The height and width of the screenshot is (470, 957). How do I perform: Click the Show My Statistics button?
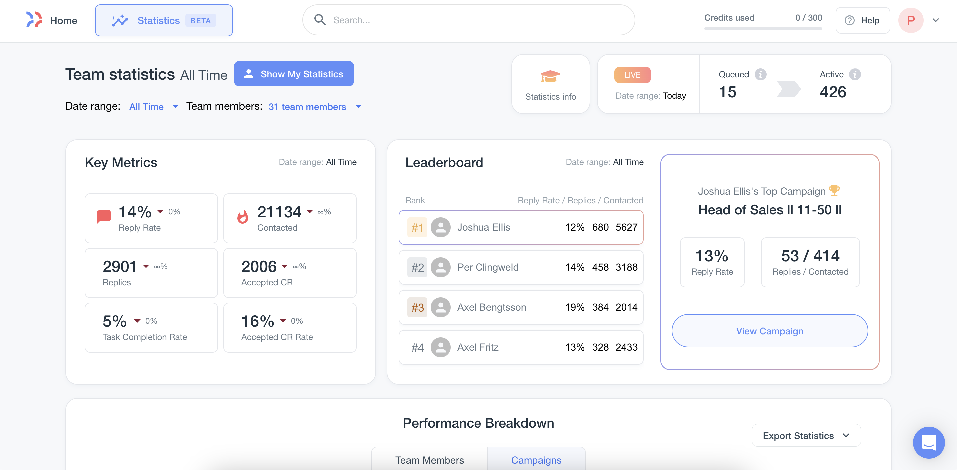coord(294,74)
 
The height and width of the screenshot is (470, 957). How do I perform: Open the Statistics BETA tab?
coord(164,20)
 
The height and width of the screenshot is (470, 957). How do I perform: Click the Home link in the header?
coord(63,20)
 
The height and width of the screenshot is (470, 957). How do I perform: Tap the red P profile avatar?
coord(911,20)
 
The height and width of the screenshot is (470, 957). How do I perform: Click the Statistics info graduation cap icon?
coord(550,77)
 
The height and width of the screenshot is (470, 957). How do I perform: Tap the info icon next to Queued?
coord(760,74)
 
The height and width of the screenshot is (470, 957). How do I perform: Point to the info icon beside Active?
coord(855,74)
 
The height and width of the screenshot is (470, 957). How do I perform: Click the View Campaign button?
coord(769,331)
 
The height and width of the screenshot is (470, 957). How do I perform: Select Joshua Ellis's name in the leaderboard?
coord(483,227)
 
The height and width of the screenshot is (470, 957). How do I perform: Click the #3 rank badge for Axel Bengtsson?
coord(417,307)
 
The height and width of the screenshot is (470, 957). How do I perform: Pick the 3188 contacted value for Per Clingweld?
coord(626,267)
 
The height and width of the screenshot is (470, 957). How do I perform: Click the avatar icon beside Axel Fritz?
coord(440,347)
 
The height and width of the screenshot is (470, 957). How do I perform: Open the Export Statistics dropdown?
coord(806,435)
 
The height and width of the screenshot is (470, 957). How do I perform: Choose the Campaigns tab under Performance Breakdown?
coord(536,460)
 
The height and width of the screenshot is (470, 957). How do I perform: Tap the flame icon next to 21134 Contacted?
coord(243,217)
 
